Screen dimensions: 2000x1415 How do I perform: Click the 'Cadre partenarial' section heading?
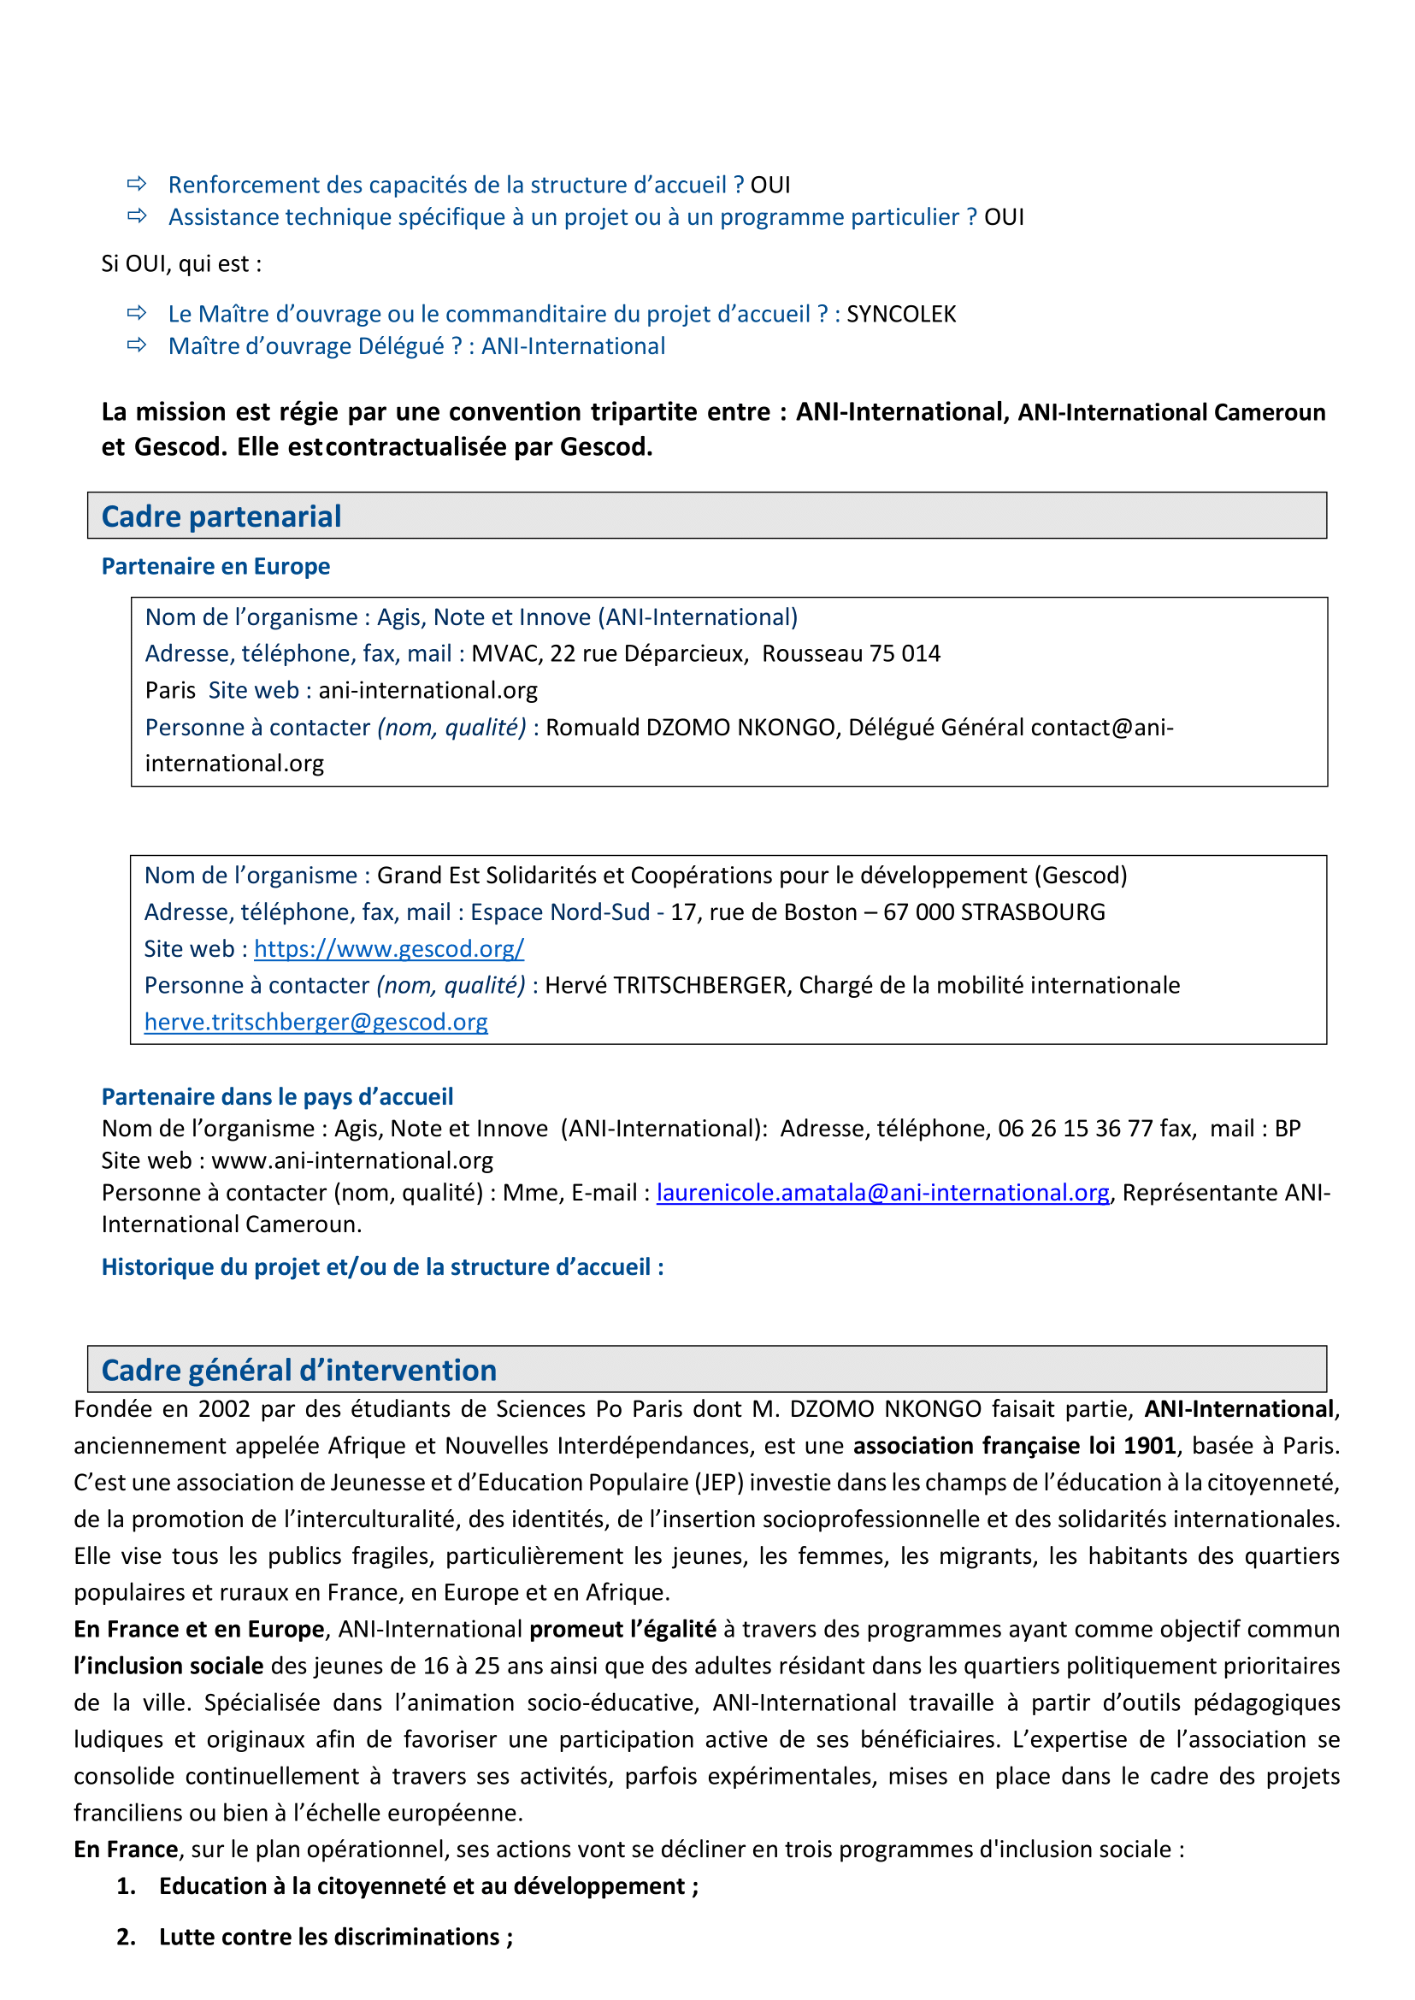pyautogui.click(x=221, y=516)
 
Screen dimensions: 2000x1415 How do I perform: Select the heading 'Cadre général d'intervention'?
pyautogui.click(x=299, y=1370)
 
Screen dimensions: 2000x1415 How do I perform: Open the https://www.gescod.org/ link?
pyautogui.click(x=389, y=948)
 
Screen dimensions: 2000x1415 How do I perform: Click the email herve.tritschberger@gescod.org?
pyautogui.click(x=315, y=1021)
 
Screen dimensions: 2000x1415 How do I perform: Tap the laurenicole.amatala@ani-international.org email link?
pyautogui.click(x=882, y=1192)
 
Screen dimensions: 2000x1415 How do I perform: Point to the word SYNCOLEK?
pyautogui.click(x=901, y=314)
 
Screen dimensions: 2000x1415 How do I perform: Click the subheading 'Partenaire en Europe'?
pyautogui.click(x=216, y=566)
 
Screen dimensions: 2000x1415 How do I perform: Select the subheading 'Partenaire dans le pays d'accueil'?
pyautogui.click(x=277, y=1096)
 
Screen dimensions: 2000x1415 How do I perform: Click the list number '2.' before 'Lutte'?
pyautogui.click(x=127, y=1937)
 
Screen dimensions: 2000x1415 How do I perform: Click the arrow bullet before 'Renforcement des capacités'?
pyautogui.click(x=137, y=184)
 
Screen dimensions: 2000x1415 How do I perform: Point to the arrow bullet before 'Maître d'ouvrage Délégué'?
pyautogui.click(x=137, y=346)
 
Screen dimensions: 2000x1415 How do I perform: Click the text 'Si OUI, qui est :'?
pyautogui.click(x=181, y=264)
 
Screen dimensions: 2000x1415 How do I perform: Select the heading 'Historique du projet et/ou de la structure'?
pyautogui.click(x=381, y=1266)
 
